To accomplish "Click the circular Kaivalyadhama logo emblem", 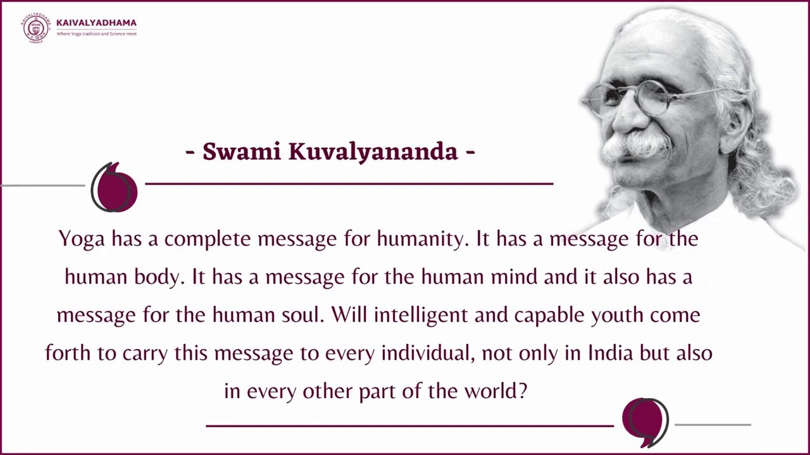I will point(35,28).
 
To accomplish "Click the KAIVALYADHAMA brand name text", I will point(96,23).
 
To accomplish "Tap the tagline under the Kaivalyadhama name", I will point(96,33).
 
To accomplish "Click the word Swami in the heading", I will point(242,152).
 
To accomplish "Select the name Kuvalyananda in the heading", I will point(373,152).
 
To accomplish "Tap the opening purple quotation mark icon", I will point(115,188).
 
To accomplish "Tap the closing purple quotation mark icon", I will point(645,422).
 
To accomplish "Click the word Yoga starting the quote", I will point(82,240).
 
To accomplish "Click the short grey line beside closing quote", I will point(713,425).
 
